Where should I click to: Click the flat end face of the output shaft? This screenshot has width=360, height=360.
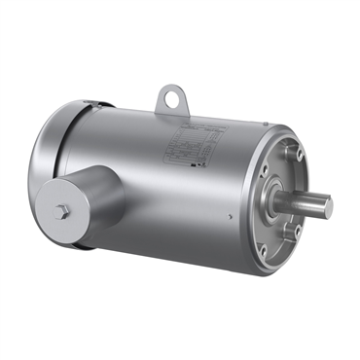[328, 206]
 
